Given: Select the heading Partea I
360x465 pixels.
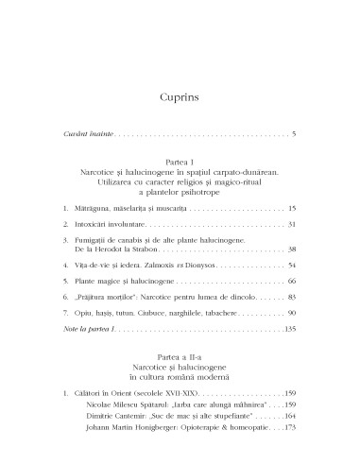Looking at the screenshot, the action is click(180, 163).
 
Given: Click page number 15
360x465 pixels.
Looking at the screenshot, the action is click(292, 206).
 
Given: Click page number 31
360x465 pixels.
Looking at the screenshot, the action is click(292, 224).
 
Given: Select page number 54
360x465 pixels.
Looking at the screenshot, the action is click(292, 267).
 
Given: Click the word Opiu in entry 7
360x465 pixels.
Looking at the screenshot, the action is click(87, 312).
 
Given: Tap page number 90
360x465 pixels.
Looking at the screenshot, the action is click(292, 312).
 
